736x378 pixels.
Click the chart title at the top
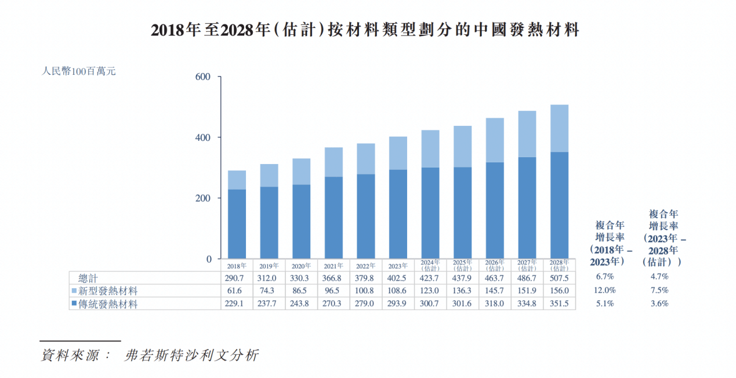pos(365,30)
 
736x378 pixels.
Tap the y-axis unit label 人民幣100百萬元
pos(79,72)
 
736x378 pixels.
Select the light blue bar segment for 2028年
pos(559,128)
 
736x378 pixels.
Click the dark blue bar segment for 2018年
pos(236,224)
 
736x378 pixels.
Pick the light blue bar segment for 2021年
pos(333,162)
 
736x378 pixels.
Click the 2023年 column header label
pos(398,266)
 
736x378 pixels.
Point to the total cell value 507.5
pos(559,278)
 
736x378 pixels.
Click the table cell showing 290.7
pos(236,278)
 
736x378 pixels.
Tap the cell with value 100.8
pos(365,291)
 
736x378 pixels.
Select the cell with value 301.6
pos(462,304)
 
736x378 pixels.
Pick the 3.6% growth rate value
pos(659,303)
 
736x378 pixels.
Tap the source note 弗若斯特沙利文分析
pos(191,355)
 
